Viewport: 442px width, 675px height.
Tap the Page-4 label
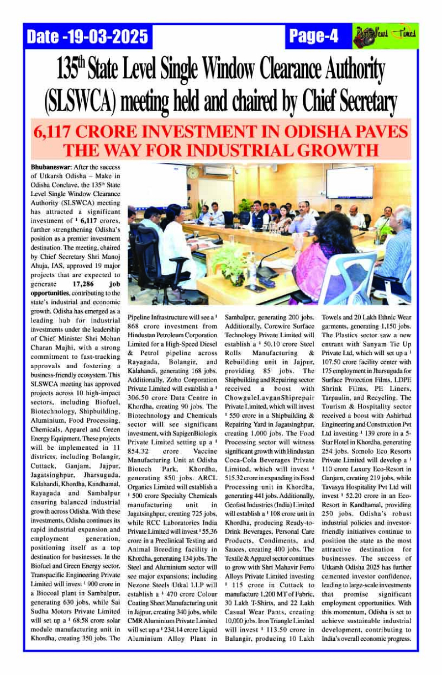pos(313,36)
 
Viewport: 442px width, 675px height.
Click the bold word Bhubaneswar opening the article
pos(48,166)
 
